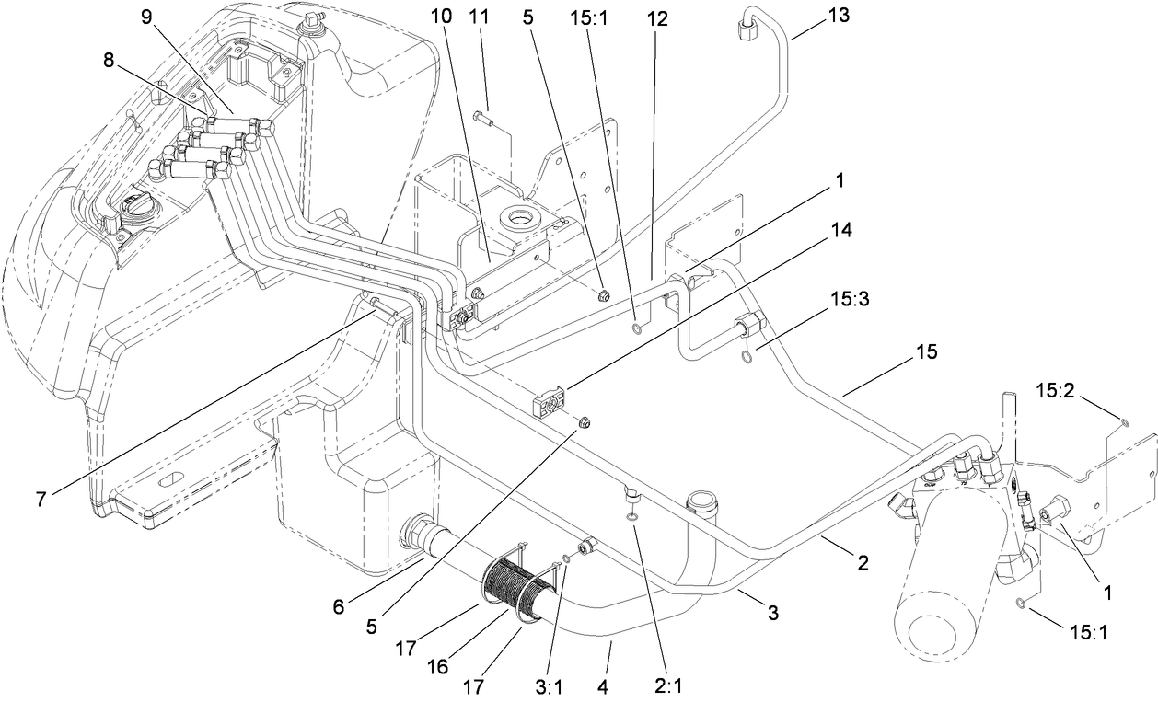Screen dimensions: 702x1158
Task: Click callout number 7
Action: click(41, 500)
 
